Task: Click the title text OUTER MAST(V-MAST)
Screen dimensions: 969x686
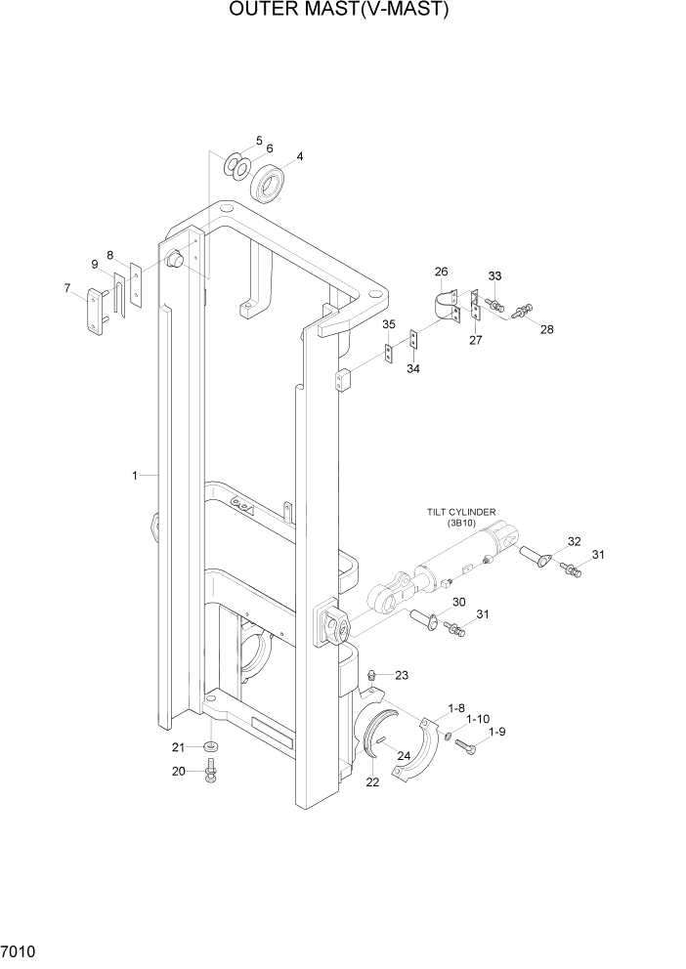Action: [x=339, y=11]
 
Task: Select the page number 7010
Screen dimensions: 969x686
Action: [x=21, y=949]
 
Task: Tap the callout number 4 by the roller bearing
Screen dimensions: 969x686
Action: [x=299, y=156]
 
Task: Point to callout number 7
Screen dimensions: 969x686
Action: [x=67, y=288]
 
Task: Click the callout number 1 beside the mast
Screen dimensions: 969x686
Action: [x=135, y=476]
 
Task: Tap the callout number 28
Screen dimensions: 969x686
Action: [x=546, y=329]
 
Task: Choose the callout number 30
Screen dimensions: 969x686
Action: [x=458, y=602]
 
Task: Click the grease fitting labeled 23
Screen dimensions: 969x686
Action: [x=371, y=676]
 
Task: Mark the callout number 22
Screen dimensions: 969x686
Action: [x=371, y=781]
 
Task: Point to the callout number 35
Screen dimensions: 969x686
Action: [x=388, y=324]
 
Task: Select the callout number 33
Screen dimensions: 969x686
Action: [x=494, y=276]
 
